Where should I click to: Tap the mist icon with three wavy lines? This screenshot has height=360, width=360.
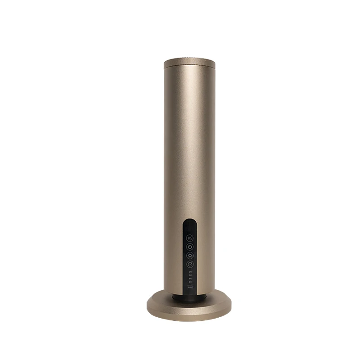click(189, 238)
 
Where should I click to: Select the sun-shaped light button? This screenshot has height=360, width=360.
click(189, 256)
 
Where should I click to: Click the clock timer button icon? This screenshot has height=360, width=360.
click(189, 264)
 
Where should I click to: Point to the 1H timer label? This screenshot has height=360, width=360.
click(190, 272)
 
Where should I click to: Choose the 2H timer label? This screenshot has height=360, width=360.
click(190, 275)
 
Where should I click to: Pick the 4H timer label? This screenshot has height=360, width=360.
click(190, 279)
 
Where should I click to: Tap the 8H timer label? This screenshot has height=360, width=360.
click(190, 282)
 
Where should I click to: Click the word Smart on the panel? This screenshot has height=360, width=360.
click(190, 287)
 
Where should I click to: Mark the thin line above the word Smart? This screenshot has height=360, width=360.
click(190, 285)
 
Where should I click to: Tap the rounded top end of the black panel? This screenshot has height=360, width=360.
click(189, 221)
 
